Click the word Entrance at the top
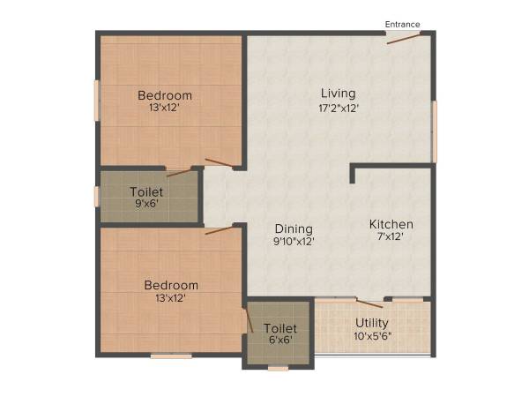pyautogui.click(x=402, y=24)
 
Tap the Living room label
pyautogui.click(x=338, y=94)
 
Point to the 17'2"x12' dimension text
pyautogui.click(x=338, y=109)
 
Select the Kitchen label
pyautogui.click(x=391, y=224)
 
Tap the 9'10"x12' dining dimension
pyautogui.click(x=293, y=240)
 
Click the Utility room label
pyautogui.click(x=372, y=323)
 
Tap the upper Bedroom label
pyautogui.click(x=165, y=95)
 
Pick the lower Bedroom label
pyautogui.click(x=171, y=285)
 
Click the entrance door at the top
pyautogui.click(x=403, y=35)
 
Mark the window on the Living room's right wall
pyautogui.click(x=433, y=130)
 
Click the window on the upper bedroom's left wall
pyautogui.click(x=96, y=102)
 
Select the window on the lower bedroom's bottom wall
pyautogui.click(x=170, y=356)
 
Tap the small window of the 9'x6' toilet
pyautogui.click(x=96, y=196)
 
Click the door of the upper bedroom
pyautogui.click(x=220, y=163)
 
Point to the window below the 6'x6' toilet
pyautogui.click(x=278, y=367)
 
